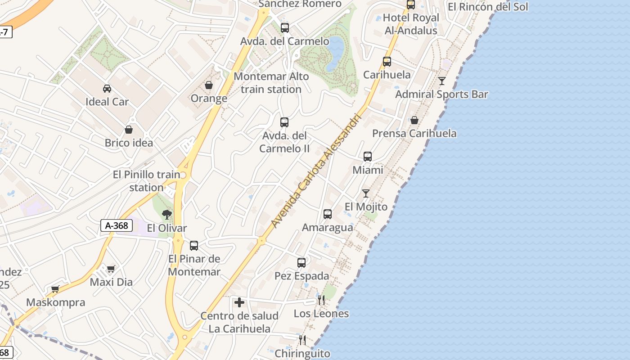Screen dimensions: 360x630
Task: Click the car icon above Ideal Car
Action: [107, 88]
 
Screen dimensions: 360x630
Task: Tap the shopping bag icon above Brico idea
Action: [129, 130]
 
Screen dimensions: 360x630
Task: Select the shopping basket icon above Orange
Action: [209, 85]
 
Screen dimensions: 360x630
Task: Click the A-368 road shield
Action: [116, 225]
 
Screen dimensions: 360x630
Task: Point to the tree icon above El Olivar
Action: [167, 214]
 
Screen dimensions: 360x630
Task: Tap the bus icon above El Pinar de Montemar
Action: [194, 245]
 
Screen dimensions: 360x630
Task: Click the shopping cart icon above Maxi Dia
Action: [111, 269]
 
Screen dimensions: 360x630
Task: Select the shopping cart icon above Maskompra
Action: [55, 289]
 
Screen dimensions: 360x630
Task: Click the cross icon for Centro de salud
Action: [239, 302]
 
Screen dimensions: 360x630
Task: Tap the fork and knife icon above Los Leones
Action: [321, 300]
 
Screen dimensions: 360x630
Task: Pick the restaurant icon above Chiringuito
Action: [302, 340]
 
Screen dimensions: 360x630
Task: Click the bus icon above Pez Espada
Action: [301, 262]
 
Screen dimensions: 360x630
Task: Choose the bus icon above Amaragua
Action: [328, 214]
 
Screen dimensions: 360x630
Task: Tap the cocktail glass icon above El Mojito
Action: [366, 193]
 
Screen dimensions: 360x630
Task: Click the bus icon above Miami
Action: [368, 157]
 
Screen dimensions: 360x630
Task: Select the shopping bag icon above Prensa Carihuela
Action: [414, 120]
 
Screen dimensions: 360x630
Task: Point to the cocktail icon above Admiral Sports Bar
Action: [442, 81]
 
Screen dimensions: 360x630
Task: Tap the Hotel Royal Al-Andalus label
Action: [410, 24]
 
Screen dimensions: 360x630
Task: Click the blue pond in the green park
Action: [336, 53]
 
